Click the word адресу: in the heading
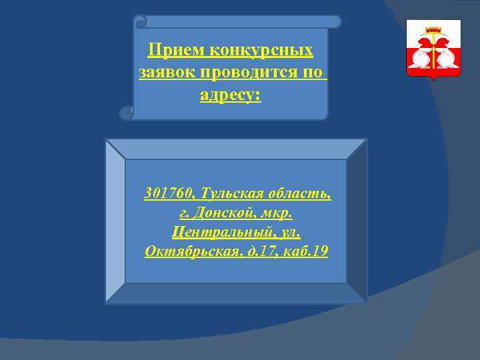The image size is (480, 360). (x=231, y=96)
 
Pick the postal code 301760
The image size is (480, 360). (x=166, y=194)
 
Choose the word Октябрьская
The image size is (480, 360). (x=191, y=252)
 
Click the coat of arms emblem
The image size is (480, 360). (x=433, y=50)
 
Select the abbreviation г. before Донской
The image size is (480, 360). (x=183, y=213)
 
